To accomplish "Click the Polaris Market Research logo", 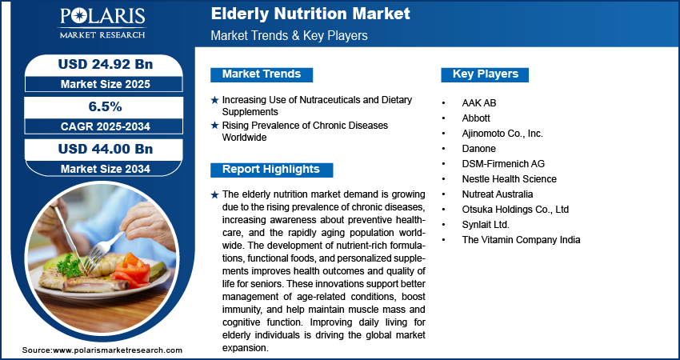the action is tap(102, 23).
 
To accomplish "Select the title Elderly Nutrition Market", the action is tap(310, 14).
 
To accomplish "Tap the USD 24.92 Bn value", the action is tap(106, 64).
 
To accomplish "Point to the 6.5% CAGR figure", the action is tap(106, 106).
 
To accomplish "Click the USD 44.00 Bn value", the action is tap(106, 149).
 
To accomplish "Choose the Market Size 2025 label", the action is tap(106, 84).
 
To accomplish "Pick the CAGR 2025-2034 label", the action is tap(106, 126).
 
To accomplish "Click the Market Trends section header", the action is tap(262, 74).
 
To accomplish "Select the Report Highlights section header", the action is tap(271, 170).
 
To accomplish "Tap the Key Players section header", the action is tap(485, 74).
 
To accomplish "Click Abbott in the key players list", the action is tap(476, 118).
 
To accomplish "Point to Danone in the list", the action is tap(478, 148).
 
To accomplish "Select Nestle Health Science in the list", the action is tap(509, 178).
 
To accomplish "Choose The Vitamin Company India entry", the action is tap(521, 239).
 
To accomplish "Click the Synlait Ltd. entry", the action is tap(486, 225).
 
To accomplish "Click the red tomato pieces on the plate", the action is tap(131, 270).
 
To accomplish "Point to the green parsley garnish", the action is tap(70, 266).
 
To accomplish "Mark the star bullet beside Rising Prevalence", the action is tap(214, 126).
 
